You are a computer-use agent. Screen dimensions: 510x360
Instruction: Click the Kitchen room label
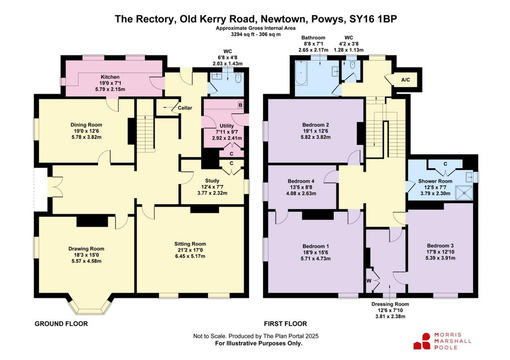pyautogui.click(x=110, y=77)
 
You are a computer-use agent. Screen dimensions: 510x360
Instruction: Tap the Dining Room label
pyautogui.click(x=86, y=124)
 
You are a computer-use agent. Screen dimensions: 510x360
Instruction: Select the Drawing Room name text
pyautogui.click(x=86, y=249)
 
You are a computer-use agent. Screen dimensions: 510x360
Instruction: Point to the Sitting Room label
pyautogui.click(x=190, y=244)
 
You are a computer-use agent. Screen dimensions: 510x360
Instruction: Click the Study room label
pyautogui.click(x=212, y=180)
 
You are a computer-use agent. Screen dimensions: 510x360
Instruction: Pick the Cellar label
pyautogui.click(x=185, y=108)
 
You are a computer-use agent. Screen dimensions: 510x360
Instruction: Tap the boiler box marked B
pyautogui.click(x=241, y=105)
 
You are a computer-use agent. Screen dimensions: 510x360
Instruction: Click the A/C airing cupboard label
pyautogui.click(x=405, y=80)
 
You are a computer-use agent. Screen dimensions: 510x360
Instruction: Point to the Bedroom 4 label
pyautogui.click(x=301, y=181)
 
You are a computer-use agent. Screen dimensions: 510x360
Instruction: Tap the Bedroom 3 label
pyautogui.click(x=440, y=246)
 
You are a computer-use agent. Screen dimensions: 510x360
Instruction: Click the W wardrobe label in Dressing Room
pyautogui.click(x=369, y=281)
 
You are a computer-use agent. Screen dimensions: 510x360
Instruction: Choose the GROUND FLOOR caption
pyautogui.click(x=61, y=324)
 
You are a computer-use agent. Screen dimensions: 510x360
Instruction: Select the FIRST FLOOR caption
pyautogui.click(x=285, y=324)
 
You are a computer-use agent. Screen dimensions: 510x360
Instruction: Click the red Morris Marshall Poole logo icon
pyautogui.click(x=422, y=341)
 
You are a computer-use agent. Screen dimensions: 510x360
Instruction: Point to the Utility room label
pyautogui.click(x=227, y=126)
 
